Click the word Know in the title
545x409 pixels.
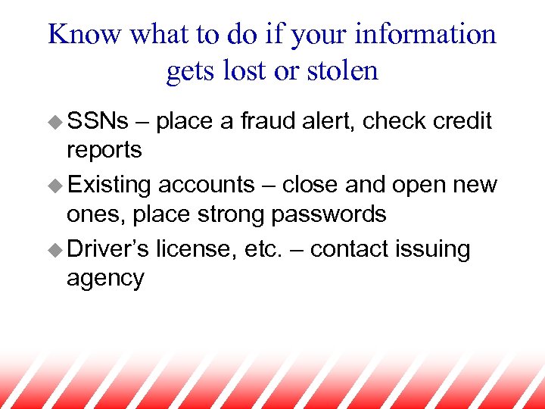pyautogui.click(x=84, y=34)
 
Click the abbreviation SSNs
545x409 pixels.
pyautogui.click(x=98, y=121)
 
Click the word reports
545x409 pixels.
pyautogui.click(x=104, y=150)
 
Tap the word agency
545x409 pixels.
pyautogui.click(x=105, y=279)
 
